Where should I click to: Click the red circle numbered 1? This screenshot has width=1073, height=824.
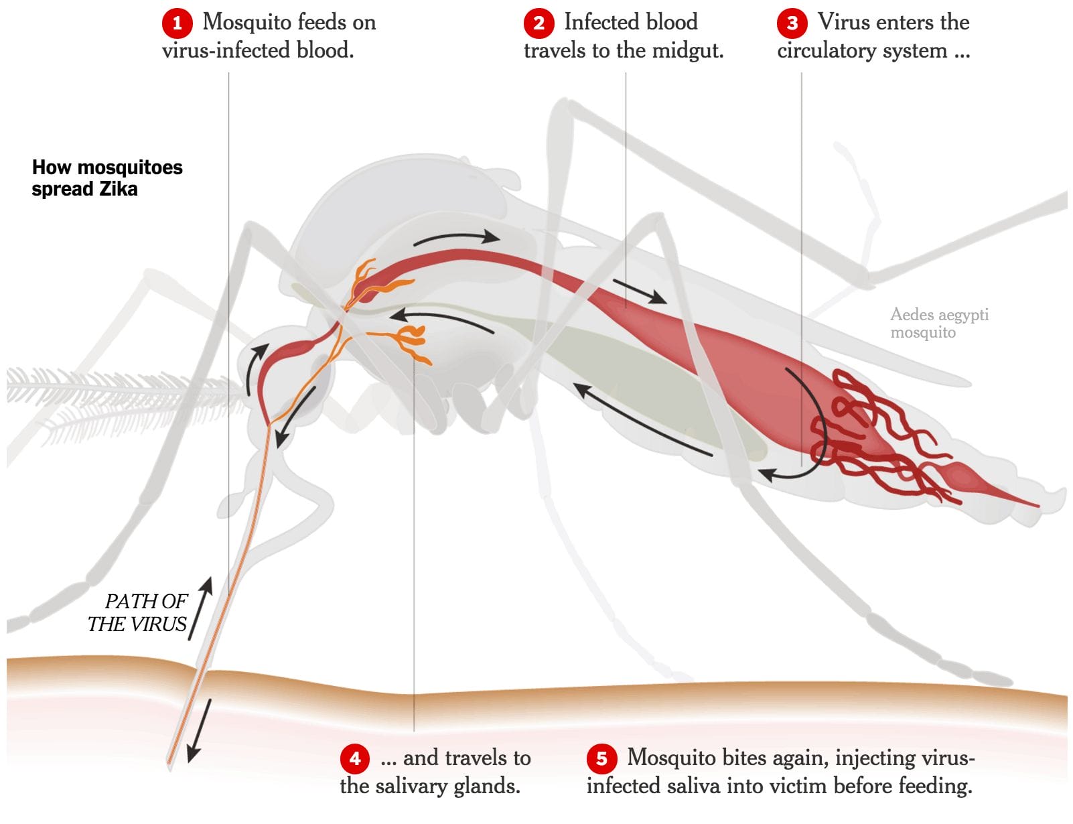pos(177,23)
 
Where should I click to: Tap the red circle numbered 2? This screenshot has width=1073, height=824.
pos(539,23)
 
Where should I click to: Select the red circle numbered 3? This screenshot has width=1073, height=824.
pos(792,23)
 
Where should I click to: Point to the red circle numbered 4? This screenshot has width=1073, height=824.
pos(355,758)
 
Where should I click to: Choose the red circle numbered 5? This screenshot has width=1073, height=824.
pos(601,758)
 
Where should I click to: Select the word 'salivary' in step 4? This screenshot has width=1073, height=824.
pos(413,786)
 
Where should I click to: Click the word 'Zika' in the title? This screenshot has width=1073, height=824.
pos(119,189)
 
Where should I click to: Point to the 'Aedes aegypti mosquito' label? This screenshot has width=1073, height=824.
pos(938,323)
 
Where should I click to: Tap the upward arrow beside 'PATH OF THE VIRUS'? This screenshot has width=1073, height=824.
pos(202,606)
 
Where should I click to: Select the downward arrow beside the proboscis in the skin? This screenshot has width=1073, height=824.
pos(199,731)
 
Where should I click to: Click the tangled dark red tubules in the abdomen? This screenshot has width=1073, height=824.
pos(877,435)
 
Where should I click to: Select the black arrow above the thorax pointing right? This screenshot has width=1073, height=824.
pos(457,238)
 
